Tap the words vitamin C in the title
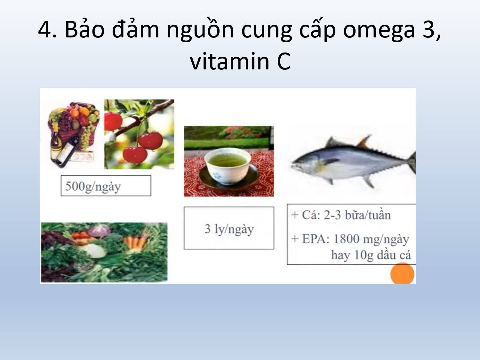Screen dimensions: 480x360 tap(240, 61)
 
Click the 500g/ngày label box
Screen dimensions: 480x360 tap(106, 186)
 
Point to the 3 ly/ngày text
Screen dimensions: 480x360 tap(229, 229)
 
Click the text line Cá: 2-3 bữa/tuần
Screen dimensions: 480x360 tap(341, 215)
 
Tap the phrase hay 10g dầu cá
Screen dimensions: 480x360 tap(371, 255)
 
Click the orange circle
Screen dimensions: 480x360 tap(402, 274)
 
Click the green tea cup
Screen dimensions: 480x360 tap(228, 166)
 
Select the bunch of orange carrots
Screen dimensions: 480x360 tap(135, 242)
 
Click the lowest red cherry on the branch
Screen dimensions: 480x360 tap(135, 155)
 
